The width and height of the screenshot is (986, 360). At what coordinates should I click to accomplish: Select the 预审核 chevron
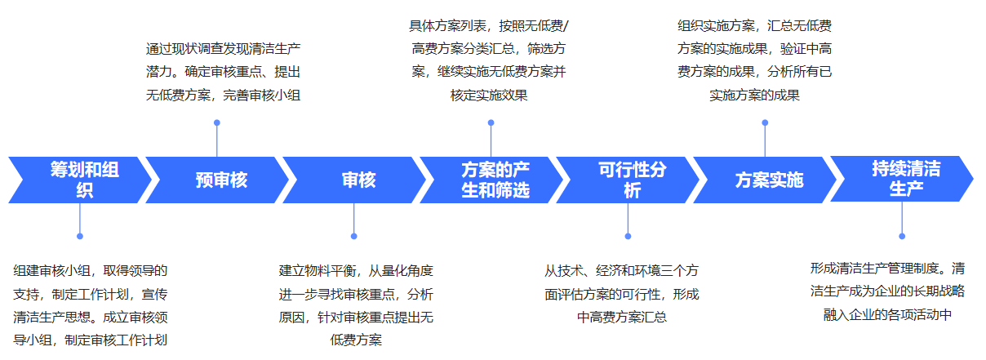point(217,180)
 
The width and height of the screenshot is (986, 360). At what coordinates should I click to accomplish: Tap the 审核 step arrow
point(354,180)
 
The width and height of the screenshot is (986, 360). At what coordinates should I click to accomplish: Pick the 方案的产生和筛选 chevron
point(491,180)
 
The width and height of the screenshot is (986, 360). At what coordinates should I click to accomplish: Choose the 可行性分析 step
point(628,180)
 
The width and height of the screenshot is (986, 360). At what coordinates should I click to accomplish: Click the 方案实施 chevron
point(766,180)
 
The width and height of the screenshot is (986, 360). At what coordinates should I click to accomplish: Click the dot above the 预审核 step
point(217,123)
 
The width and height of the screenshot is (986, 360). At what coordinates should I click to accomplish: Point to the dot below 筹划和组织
point(80,236)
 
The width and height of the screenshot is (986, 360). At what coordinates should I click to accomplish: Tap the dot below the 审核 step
point(354,236)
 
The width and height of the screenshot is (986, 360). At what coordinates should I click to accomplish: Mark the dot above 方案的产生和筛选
point(491,123)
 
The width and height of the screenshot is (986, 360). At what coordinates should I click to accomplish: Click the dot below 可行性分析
point(628,236)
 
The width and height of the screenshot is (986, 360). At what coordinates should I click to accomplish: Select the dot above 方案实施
point(766,123)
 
